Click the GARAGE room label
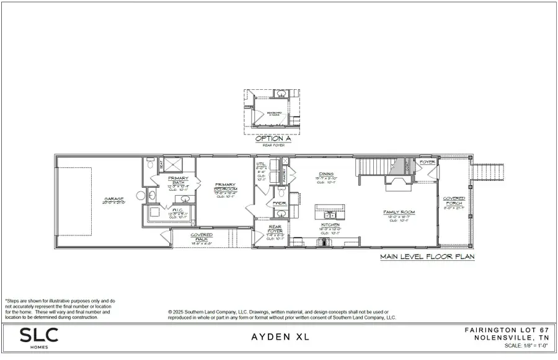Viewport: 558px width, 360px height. (114, 200)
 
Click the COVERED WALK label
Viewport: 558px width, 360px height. (201, 237)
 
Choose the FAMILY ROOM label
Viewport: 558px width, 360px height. (399, 213)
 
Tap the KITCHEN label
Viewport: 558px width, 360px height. (330, 224)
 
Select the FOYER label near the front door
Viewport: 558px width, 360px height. (427, 162)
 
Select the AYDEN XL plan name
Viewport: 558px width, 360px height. (279, 338)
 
